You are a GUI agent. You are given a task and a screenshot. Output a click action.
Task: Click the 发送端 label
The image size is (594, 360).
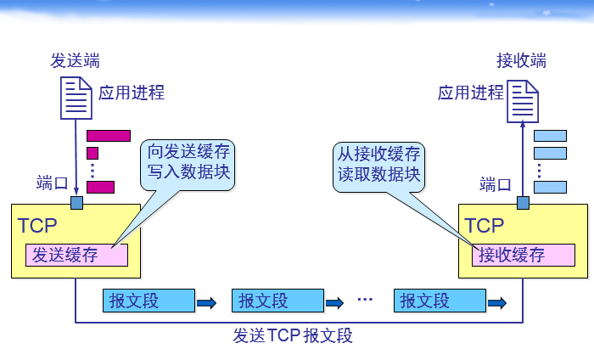point(75,61)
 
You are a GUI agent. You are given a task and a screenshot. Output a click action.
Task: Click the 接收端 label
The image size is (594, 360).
point(521,61)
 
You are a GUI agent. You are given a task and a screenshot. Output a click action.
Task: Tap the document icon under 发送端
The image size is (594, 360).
point(76,97)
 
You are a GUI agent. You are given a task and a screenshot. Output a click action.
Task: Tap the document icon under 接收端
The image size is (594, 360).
point(523,101)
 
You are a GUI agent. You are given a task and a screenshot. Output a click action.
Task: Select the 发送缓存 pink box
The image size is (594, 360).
point(76,255)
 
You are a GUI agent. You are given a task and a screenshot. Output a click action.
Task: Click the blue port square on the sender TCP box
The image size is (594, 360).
point(76,203)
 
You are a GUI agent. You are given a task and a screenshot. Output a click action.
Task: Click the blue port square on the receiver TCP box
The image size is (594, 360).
point(523,203)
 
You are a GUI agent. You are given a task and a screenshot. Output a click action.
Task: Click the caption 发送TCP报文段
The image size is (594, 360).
point(292,335)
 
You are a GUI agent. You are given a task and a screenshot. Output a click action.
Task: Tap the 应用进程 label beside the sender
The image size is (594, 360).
point(132,93)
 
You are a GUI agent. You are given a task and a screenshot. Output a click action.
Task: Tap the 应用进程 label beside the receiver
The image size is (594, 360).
point(471,93)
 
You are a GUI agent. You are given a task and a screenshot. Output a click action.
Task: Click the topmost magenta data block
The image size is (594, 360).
point(109,135)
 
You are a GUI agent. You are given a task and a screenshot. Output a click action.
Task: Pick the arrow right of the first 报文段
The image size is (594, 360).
point(206,302)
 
